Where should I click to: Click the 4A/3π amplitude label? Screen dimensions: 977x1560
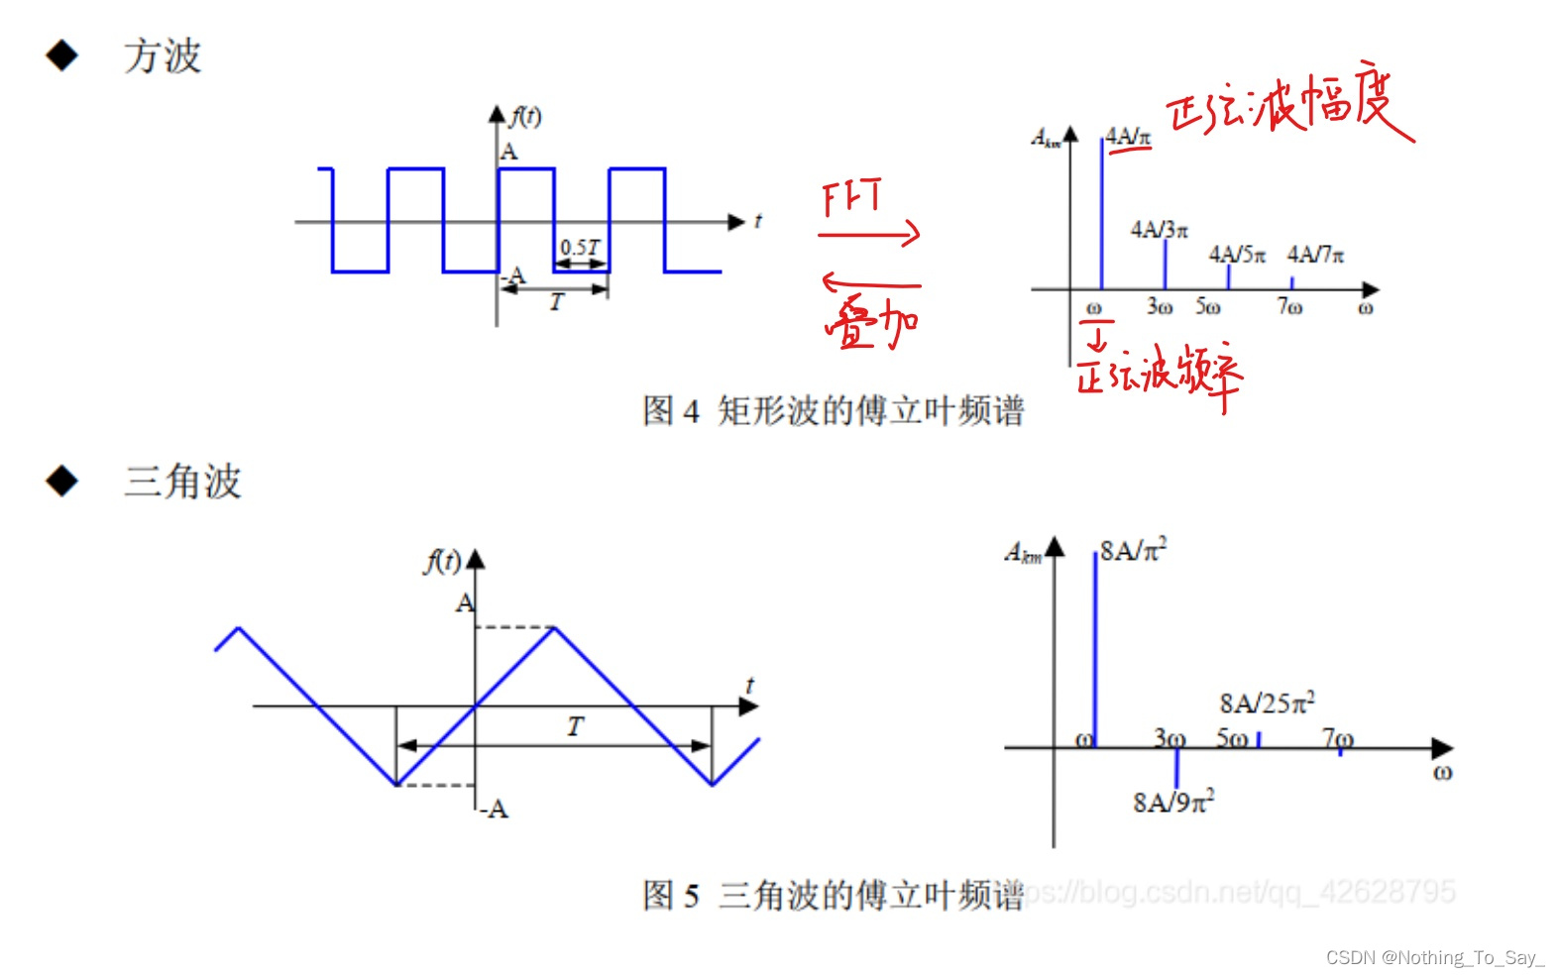coord(1159,230)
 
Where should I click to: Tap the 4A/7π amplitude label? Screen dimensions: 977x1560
coord(1315,255)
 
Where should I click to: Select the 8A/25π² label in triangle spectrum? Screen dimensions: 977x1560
coord(1267,703)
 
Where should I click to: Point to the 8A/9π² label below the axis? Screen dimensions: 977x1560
coord(1173,802)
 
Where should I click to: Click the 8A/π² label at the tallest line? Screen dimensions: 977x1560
coord(1133,550)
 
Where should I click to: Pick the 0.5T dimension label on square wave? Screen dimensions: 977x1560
coord(580,247)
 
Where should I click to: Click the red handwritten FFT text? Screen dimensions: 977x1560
coord(851,197)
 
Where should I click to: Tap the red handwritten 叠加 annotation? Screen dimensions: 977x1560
coord(871,323)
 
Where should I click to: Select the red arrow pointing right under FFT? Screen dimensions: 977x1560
coord(869,235)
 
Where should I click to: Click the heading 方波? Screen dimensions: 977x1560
coord(163,56)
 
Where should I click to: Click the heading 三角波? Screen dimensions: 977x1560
coord(182,482)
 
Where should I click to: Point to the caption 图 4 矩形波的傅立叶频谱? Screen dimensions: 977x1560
coord(833,410)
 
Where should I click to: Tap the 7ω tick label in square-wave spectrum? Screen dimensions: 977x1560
coord(1289,307)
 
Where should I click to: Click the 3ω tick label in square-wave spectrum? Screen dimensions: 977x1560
coord(1160,307)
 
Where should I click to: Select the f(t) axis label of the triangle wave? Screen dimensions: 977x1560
coord(442,562)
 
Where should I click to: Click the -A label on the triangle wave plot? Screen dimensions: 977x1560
coord(494,810)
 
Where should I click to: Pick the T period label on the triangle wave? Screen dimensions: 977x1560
coord(575,726)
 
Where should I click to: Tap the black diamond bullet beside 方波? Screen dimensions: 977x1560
coord(62,55)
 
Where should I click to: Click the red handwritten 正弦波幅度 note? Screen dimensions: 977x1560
coord(1288,104)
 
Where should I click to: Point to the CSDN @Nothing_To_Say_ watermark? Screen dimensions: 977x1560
coord(1434,957)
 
